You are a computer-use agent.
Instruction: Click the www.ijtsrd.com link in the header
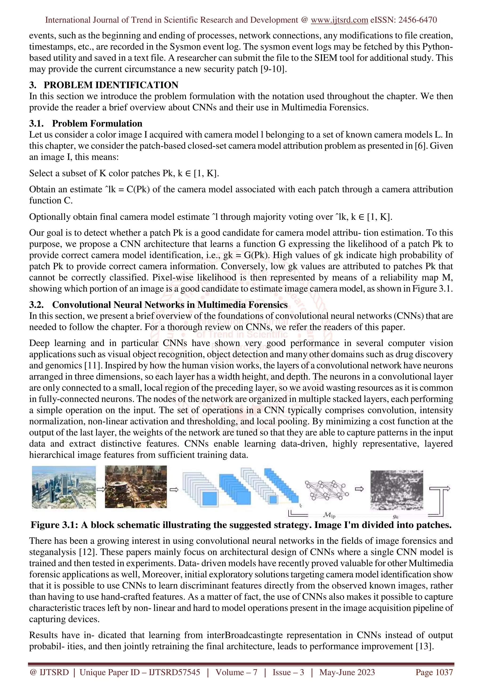339,20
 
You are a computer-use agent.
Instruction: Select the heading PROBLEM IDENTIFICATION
111,85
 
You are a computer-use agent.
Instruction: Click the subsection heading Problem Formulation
97,123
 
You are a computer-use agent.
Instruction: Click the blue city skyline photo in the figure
64,487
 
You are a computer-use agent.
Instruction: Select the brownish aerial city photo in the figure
136,487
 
